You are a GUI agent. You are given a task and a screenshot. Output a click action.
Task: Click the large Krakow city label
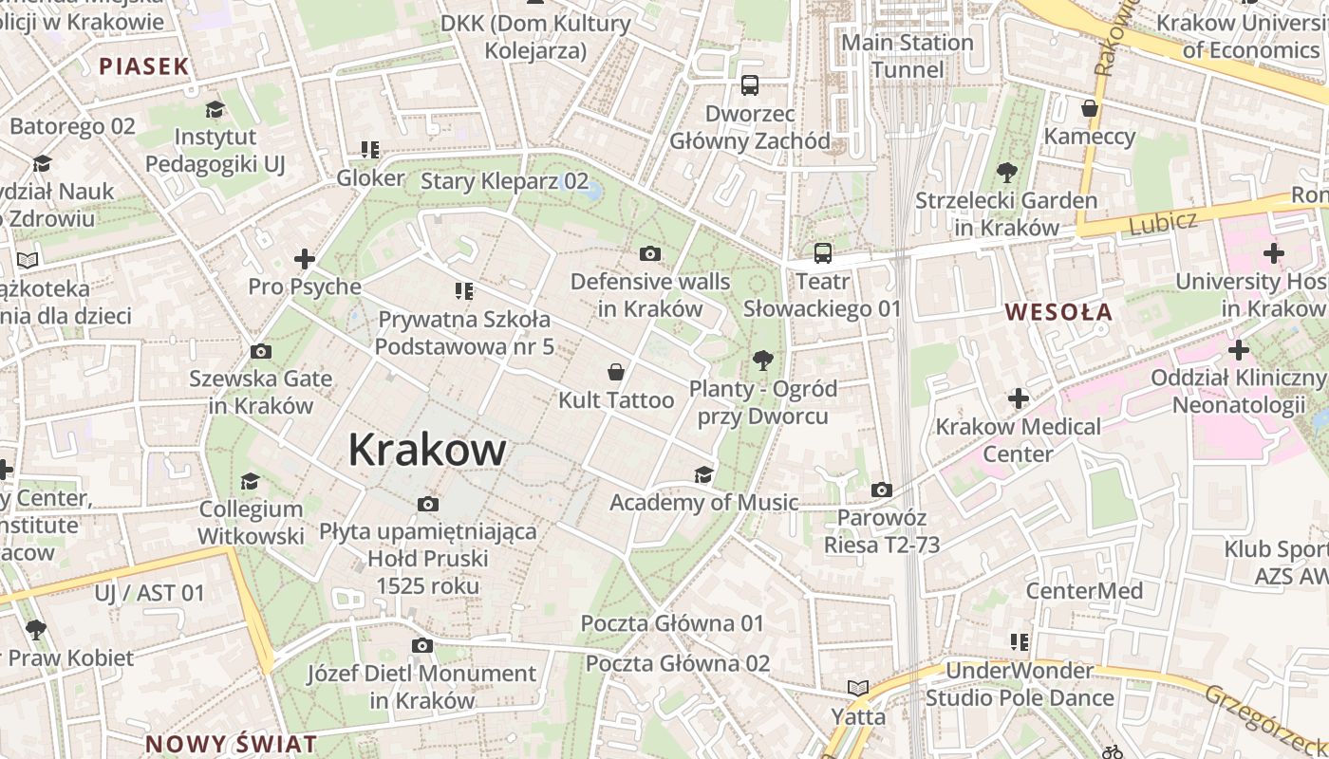[x=426, y=450]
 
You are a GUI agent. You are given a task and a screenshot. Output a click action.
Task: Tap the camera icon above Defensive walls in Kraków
[x=650, y=253]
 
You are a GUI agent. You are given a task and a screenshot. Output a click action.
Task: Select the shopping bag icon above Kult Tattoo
[x=616, y=371]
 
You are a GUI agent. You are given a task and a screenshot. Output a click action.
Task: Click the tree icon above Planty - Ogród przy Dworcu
[x=761, y=361]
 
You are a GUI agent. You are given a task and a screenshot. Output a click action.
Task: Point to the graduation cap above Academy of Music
[x=703, y=474]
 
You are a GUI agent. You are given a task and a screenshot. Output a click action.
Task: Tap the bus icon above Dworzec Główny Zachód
[x=750, y=85]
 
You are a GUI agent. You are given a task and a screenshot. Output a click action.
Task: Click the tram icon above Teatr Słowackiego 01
[x=822, y=253]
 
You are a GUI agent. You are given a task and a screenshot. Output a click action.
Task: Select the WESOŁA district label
[x=1058, y=312]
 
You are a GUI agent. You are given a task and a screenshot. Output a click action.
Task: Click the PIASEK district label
[x=144, y=66]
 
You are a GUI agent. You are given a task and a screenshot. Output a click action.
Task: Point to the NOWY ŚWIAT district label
[x=231, y=743]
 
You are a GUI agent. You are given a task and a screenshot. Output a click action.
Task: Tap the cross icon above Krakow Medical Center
[x=1019, y=398]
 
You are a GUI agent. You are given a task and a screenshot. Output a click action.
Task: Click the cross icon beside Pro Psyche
[x=305, y=258]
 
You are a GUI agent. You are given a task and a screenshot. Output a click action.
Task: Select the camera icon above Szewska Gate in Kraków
[x=260, y=351]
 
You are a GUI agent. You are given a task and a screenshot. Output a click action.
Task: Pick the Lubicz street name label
[x=1163, y=223]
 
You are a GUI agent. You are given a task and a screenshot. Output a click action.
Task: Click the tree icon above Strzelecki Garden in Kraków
[x=1006, y=173]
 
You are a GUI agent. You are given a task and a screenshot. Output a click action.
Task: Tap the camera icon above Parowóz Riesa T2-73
[x=882, y=490]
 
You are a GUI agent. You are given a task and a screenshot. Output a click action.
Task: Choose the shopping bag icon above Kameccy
[x=1090, y=108]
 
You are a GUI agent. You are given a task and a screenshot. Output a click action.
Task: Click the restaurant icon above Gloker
[x=370, y=149]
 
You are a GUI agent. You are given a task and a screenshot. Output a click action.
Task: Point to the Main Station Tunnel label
[x=908, y=56]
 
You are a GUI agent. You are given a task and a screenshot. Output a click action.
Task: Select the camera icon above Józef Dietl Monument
[x=421, y=646]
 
